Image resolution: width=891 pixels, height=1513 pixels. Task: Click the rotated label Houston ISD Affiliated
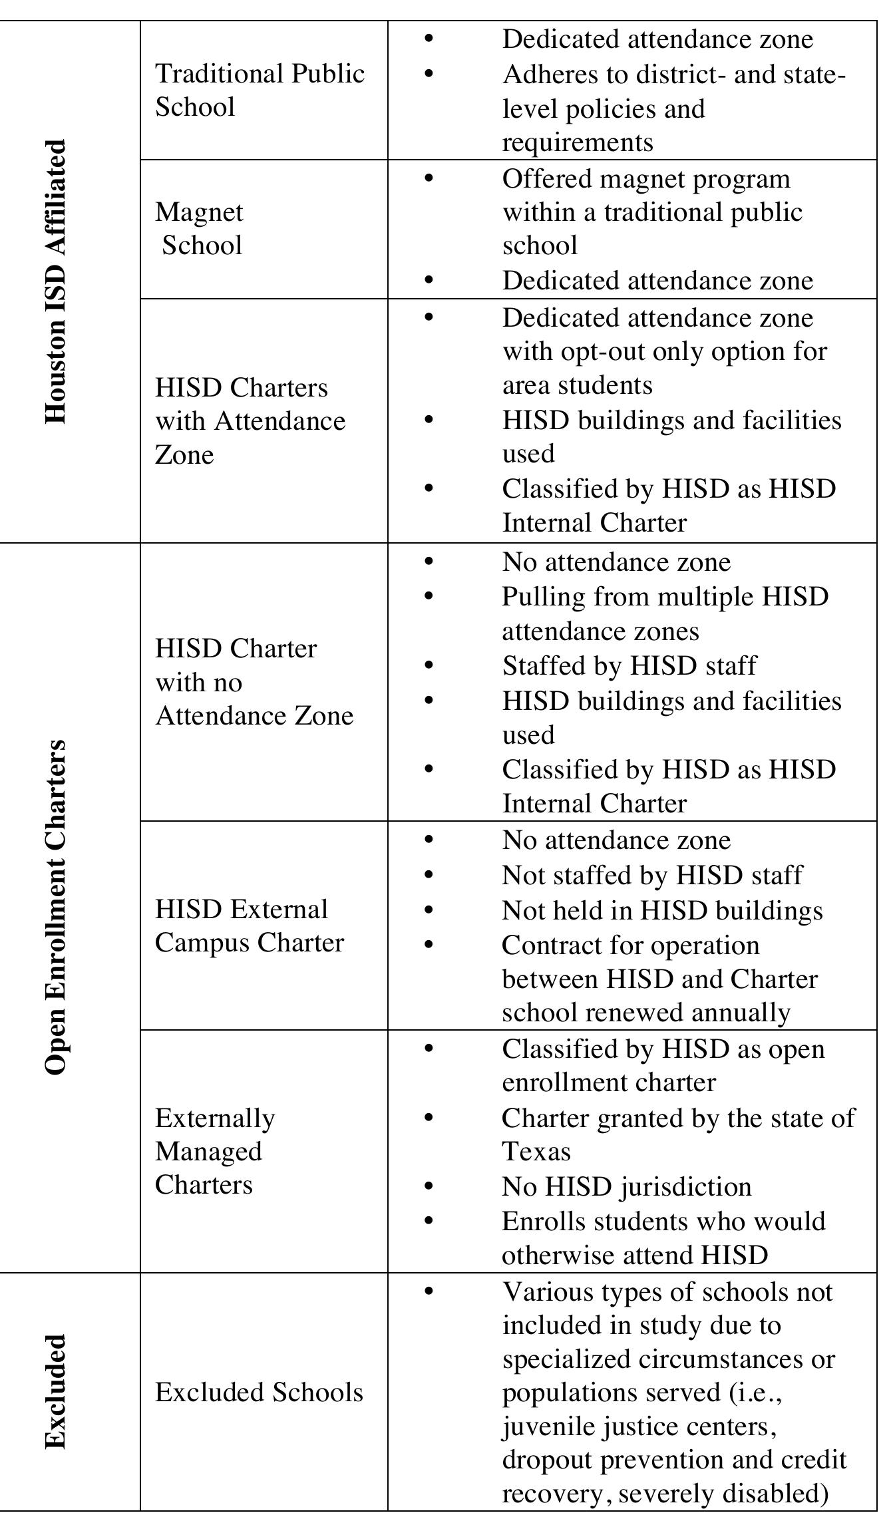(56, 281)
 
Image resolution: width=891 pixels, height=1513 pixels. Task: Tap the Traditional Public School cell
(260, 90)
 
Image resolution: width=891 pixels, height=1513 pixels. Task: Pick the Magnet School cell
(200, 229)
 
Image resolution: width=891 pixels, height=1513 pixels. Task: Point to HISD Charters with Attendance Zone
(250, 421)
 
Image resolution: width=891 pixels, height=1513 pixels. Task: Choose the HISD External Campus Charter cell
(249, 925)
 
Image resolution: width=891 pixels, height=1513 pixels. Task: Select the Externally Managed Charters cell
(214, 1152)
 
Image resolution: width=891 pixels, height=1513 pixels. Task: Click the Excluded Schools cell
(259, 1392)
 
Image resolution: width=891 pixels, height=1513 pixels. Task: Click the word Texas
(536, 1151)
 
